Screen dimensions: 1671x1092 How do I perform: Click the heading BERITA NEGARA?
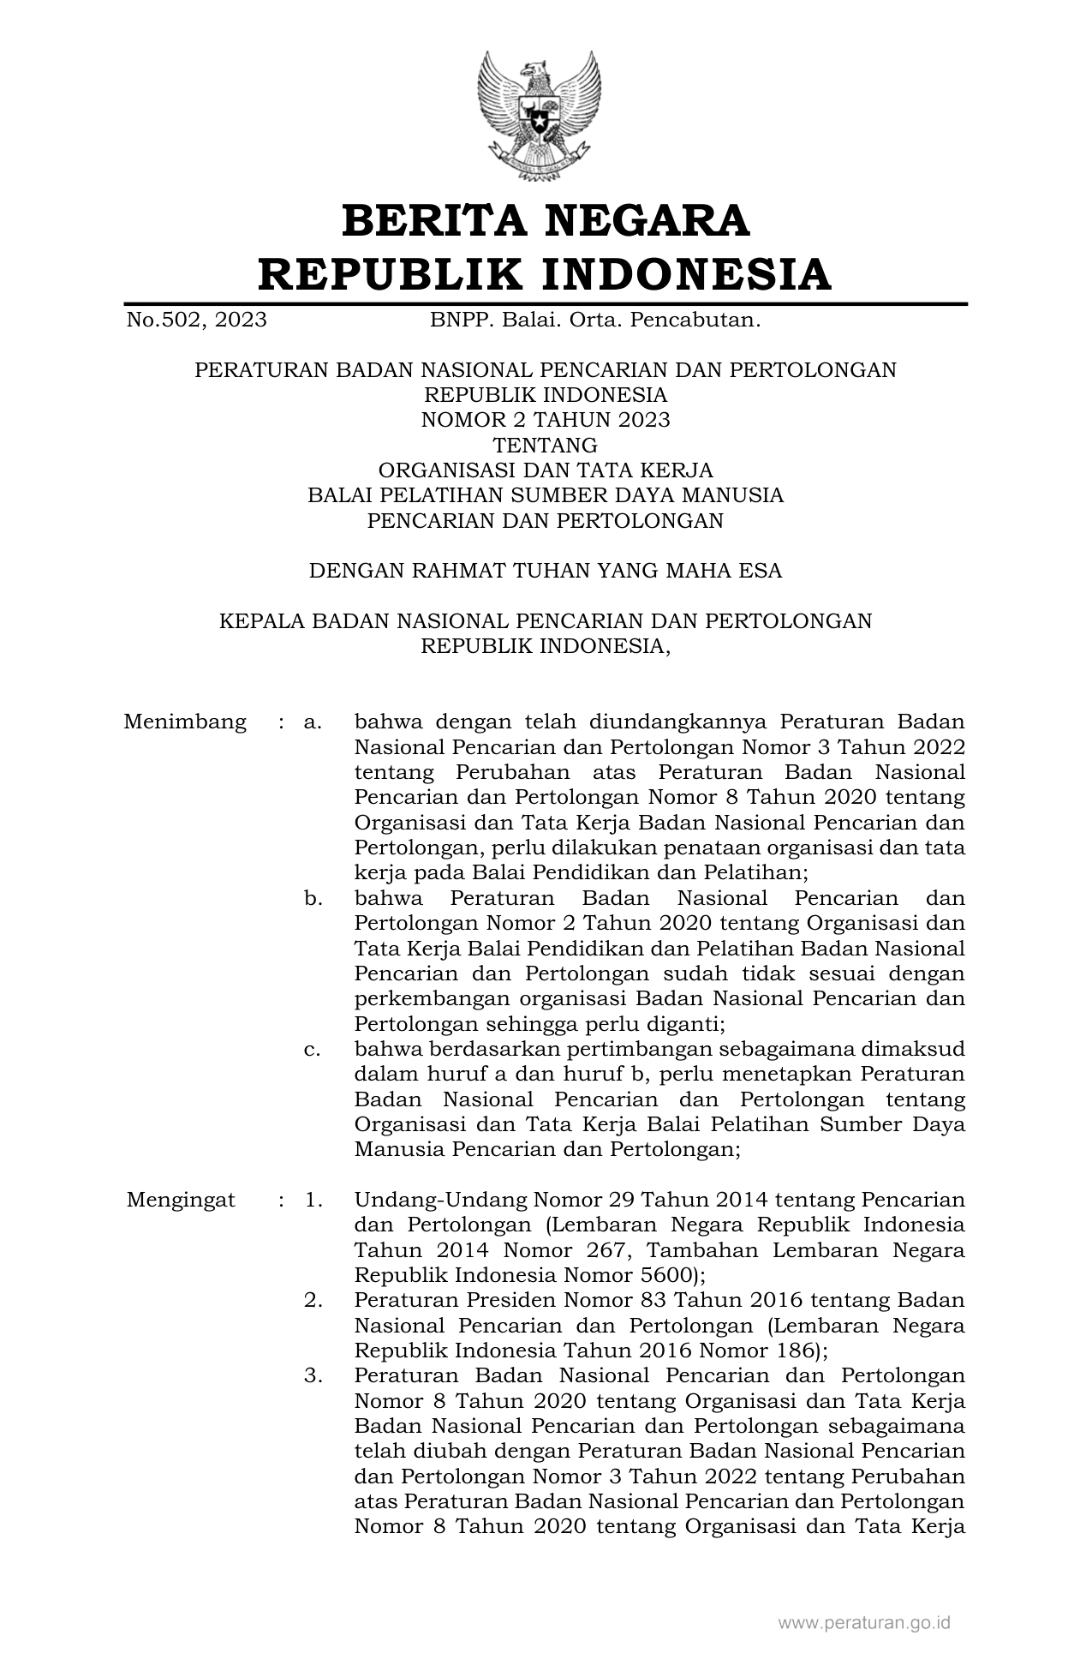546,220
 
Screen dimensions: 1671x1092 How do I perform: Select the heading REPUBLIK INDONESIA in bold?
546,274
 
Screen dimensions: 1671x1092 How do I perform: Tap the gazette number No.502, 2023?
196,320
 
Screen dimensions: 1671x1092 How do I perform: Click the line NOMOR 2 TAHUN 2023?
546,420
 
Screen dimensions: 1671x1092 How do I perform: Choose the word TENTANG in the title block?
546,445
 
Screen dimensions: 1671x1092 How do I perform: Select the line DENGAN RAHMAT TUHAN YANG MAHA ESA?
546,571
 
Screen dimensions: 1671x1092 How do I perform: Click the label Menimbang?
185,722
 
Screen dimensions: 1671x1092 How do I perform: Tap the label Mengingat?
181,1200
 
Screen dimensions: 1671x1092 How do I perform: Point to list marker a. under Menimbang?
313,722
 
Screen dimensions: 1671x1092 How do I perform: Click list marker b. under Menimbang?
313,899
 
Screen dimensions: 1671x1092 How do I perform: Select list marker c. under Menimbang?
313,1049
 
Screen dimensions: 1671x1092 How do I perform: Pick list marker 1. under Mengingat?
313,1200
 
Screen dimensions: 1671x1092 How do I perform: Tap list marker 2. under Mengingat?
313,1300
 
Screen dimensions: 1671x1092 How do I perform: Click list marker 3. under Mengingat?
313,1375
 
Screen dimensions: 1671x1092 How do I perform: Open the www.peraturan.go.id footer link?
864,1622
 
